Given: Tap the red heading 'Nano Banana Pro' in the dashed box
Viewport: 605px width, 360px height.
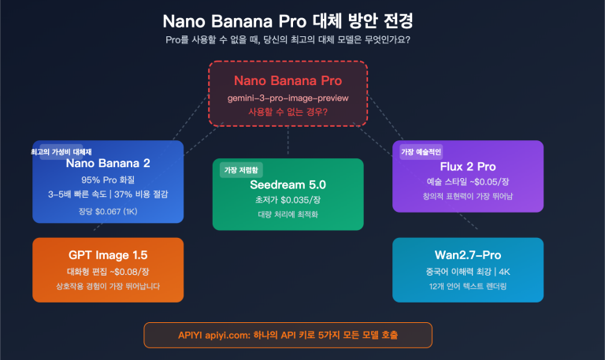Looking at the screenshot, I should point(288,80).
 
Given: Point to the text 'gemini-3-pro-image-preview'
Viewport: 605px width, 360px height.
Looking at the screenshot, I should point(288,98).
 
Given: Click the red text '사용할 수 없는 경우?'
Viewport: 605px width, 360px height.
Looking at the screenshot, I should point(288,112).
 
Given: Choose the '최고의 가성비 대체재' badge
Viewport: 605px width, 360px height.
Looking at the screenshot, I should point(61,151).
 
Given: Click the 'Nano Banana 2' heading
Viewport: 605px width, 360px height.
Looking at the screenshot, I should point(108,164).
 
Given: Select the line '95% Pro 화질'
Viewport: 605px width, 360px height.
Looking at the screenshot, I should point(108,180).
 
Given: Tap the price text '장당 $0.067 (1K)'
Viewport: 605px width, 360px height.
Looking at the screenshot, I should point(108,210).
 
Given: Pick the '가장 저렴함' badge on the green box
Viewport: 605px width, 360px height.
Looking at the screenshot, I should point(241,170).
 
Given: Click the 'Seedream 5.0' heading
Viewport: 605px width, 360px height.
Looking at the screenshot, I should point(288,184).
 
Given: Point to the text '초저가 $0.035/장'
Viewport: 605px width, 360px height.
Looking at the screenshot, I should point(288,200).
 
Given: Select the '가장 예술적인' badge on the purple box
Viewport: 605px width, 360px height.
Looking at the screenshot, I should point(421,151).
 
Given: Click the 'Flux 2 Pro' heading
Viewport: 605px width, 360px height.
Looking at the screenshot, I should point(467,166).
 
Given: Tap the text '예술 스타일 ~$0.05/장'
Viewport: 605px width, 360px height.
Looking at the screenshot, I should point(467,182).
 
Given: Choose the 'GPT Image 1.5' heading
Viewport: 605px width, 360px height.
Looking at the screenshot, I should point(108,255).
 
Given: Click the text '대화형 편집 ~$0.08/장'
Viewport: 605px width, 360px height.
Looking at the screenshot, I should point(108,271).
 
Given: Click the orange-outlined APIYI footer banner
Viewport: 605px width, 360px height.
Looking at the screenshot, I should point(288,335).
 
